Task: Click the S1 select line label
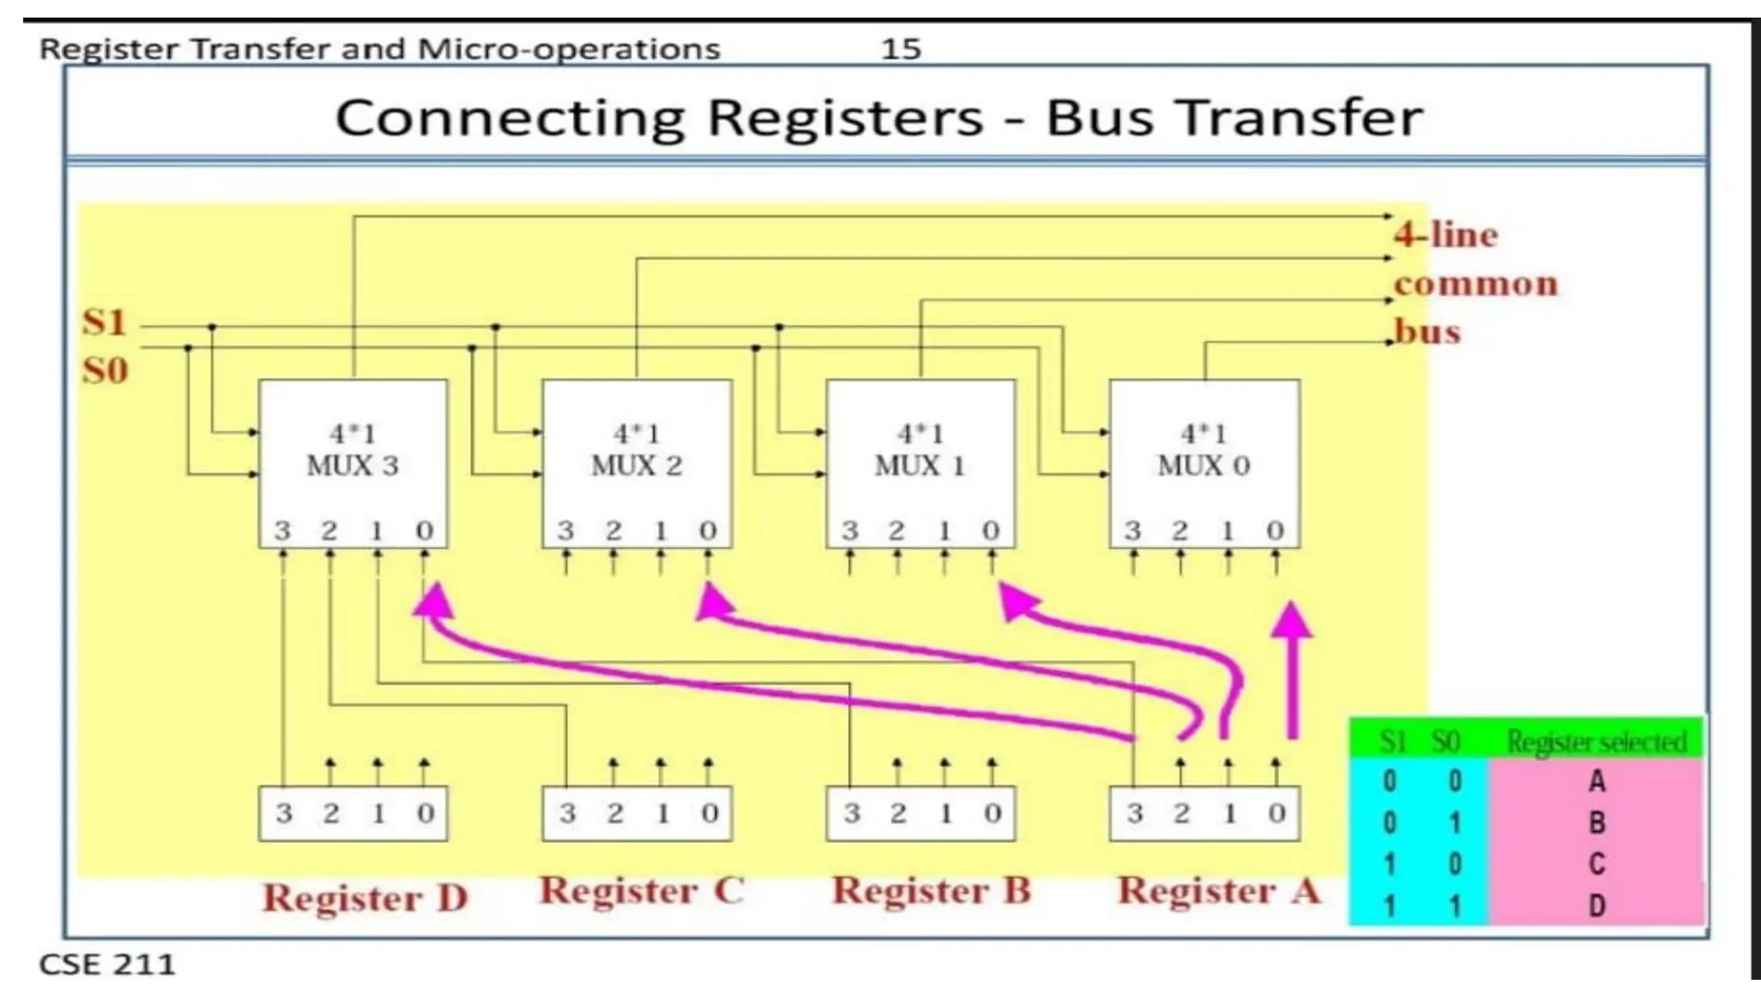point(105,323)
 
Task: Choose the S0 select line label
point(105,371)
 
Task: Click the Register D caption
point(365,898)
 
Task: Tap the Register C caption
point(641,890)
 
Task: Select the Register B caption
point(931,890)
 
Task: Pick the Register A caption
point(1218,890)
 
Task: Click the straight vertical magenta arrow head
point(1292,619)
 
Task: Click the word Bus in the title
point(1099,118)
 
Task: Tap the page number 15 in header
point(900,49)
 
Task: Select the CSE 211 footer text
point(107,964)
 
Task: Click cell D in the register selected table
point(1596,905)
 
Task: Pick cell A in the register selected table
point(1596,781)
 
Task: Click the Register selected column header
point(1596,742)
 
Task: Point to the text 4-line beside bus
point(1446,234)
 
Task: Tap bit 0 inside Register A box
point(1276,813)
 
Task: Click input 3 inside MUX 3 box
point(283,531)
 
